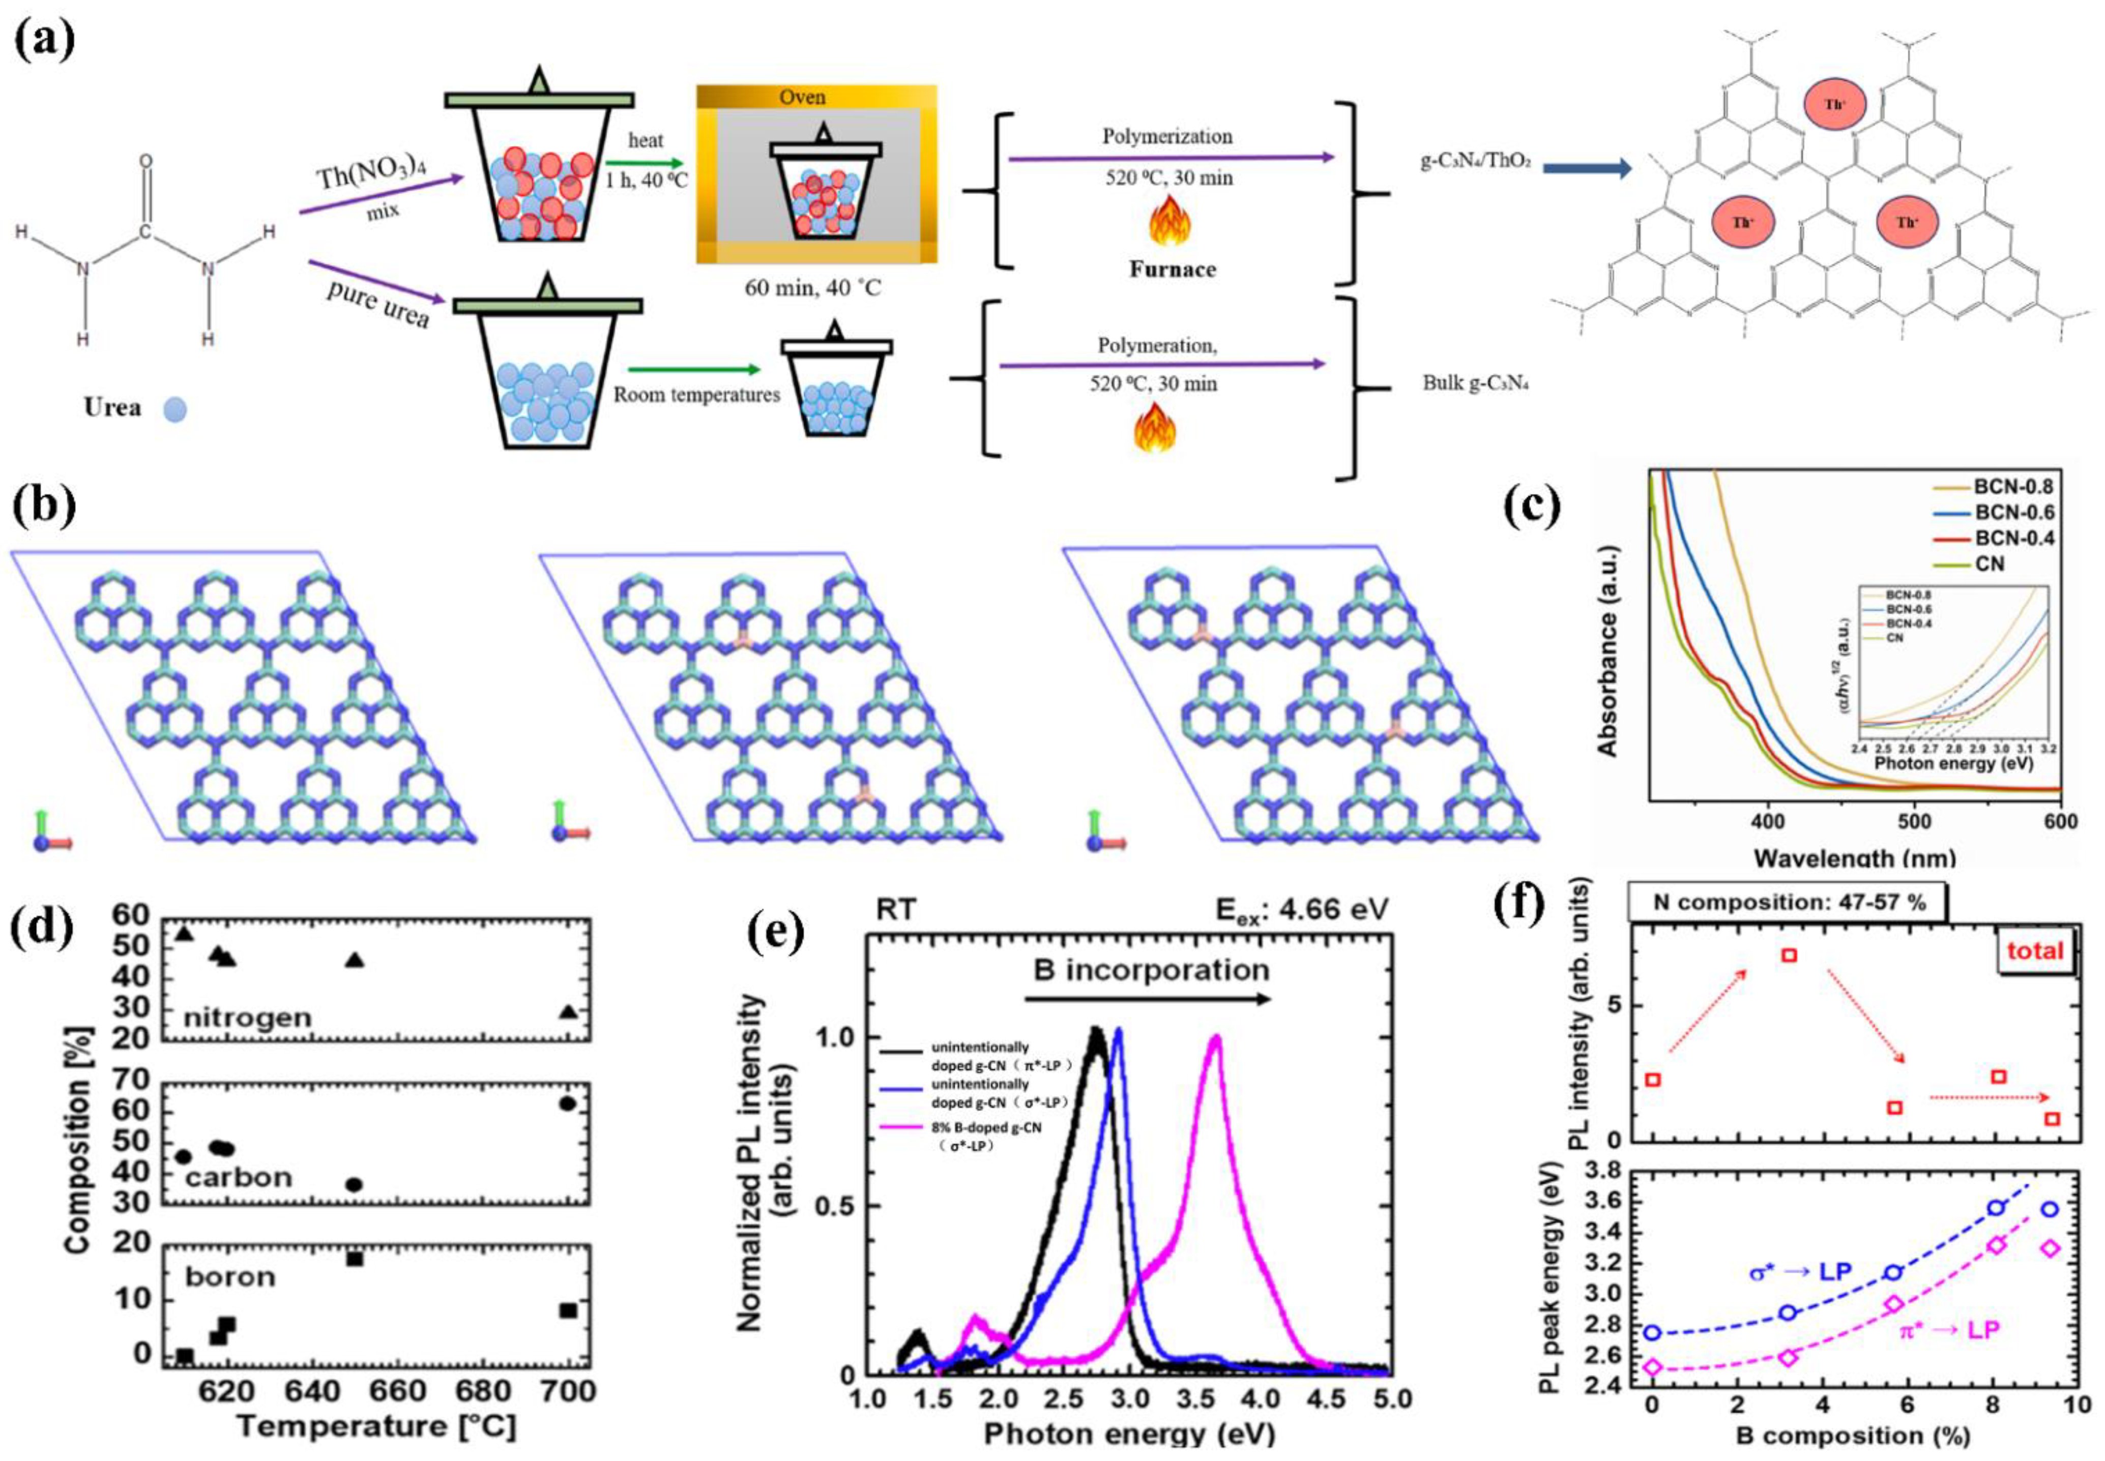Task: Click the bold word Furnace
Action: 1172,269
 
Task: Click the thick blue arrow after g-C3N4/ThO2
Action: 1587,167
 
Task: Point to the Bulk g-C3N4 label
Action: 1475,382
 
